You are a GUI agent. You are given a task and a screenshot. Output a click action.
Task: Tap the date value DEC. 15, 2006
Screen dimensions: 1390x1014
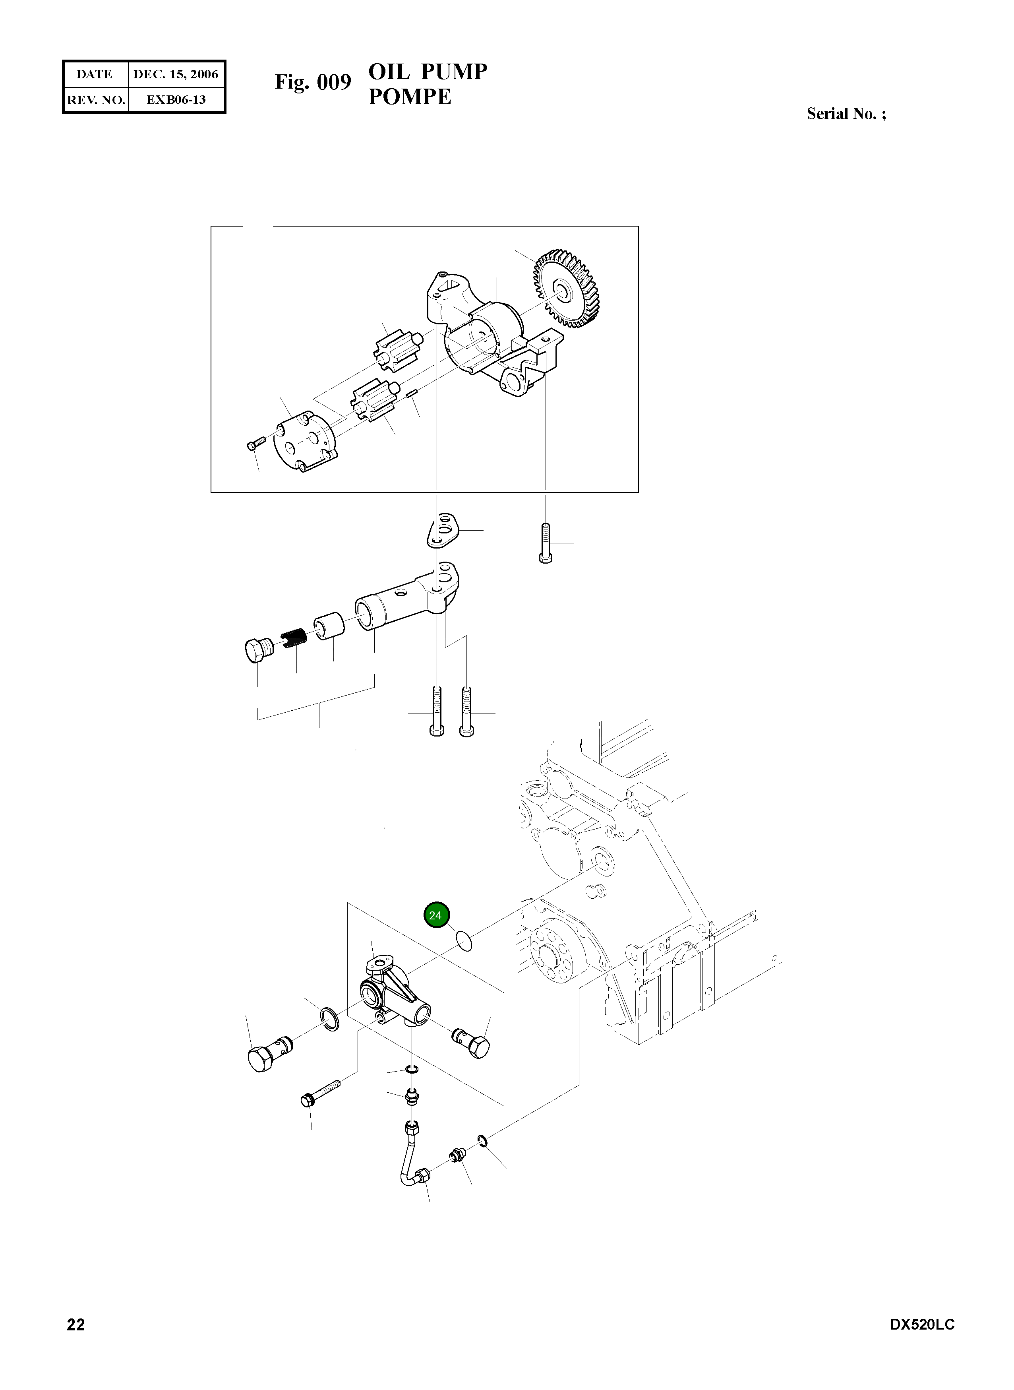pos(176,75)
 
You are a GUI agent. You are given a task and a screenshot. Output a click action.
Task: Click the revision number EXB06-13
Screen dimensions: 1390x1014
pos(176,99)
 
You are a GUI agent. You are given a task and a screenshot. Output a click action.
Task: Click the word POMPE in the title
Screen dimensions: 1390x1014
pos(409,97)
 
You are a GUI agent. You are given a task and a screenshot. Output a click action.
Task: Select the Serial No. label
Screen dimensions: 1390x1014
pos(845,114)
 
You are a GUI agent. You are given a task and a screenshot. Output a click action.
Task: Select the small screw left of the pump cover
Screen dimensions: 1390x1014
pos(255,443)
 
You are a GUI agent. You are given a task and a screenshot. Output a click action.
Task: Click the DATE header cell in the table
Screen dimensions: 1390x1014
pos(95,75)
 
